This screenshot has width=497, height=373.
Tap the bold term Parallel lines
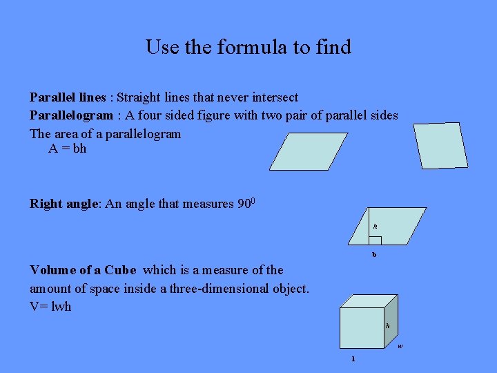pos(68,97)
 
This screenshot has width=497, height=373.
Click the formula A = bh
pos(68,149)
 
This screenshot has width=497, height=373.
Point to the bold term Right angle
pos(65,204)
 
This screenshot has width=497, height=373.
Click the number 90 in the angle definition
pos(244,204)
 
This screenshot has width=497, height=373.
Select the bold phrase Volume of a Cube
pos(83,270)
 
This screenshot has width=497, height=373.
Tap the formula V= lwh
pos(50,307)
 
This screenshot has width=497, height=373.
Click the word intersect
pos(273,97)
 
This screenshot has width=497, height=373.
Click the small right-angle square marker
pos(375,240)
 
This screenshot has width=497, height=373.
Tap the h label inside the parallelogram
pos(376,226)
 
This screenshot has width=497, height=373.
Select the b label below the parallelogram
pos(374,254)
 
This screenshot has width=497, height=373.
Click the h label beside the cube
pos(388,325)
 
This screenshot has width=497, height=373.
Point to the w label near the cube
pos(400,346)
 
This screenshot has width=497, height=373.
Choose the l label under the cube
pos(353,358)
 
